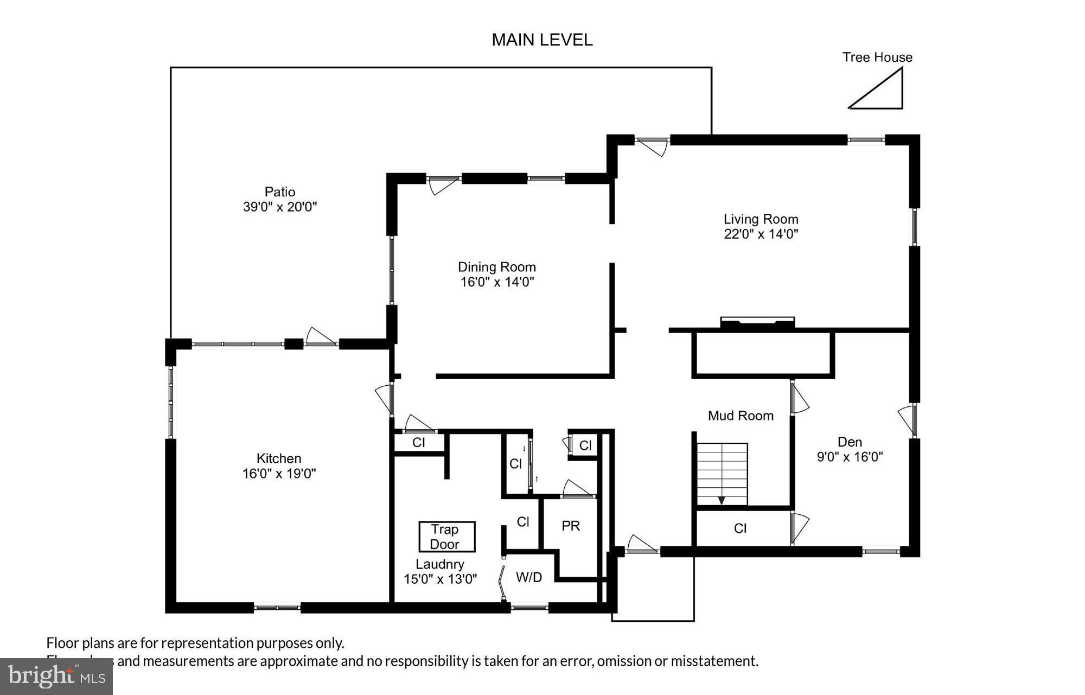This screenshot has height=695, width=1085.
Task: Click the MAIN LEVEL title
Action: point(542,40)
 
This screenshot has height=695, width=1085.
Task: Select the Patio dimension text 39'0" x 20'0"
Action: point(279,207)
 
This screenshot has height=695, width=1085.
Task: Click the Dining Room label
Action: point(496,267)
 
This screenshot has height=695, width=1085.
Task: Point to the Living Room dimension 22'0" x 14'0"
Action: point(761,234)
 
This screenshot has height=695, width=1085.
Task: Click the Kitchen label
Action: point(279,458)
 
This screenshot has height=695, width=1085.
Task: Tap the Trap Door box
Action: point(446,537)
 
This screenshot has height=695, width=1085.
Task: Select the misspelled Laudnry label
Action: point(439,564)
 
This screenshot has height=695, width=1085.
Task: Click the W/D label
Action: point(528,577)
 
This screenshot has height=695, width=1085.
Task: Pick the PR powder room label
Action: point(570,526)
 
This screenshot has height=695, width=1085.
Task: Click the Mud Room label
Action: point(741,416)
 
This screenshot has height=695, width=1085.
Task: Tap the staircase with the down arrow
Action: point(722,474)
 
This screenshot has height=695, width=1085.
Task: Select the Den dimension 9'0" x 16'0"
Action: point(850,457)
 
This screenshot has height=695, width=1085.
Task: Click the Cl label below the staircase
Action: point(740,528)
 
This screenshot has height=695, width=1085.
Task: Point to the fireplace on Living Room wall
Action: point(757,323)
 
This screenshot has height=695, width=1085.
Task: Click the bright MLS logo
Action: point(56,676)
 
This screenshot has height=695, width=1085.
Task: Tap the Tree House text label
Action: point(877,58)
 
